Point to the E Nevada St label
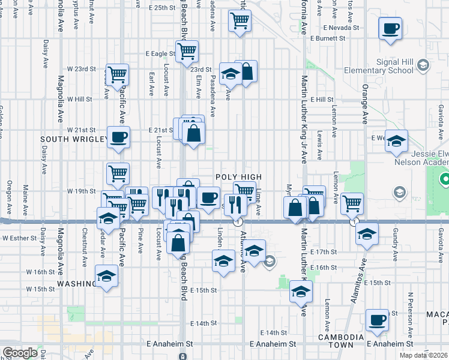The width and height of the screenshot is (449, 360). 340,28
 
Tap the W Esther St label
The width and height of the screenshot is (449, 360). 21,238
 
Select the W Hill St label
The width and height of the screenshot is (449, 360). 79,99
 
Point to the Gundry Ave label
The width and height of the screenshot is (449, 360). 396,249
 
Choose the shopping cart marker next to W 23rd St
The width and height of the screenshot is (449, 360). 117,74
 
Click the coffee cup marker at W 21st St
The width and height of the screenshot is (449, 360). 118,136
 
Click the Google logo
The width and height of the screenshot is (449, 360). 20,353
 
